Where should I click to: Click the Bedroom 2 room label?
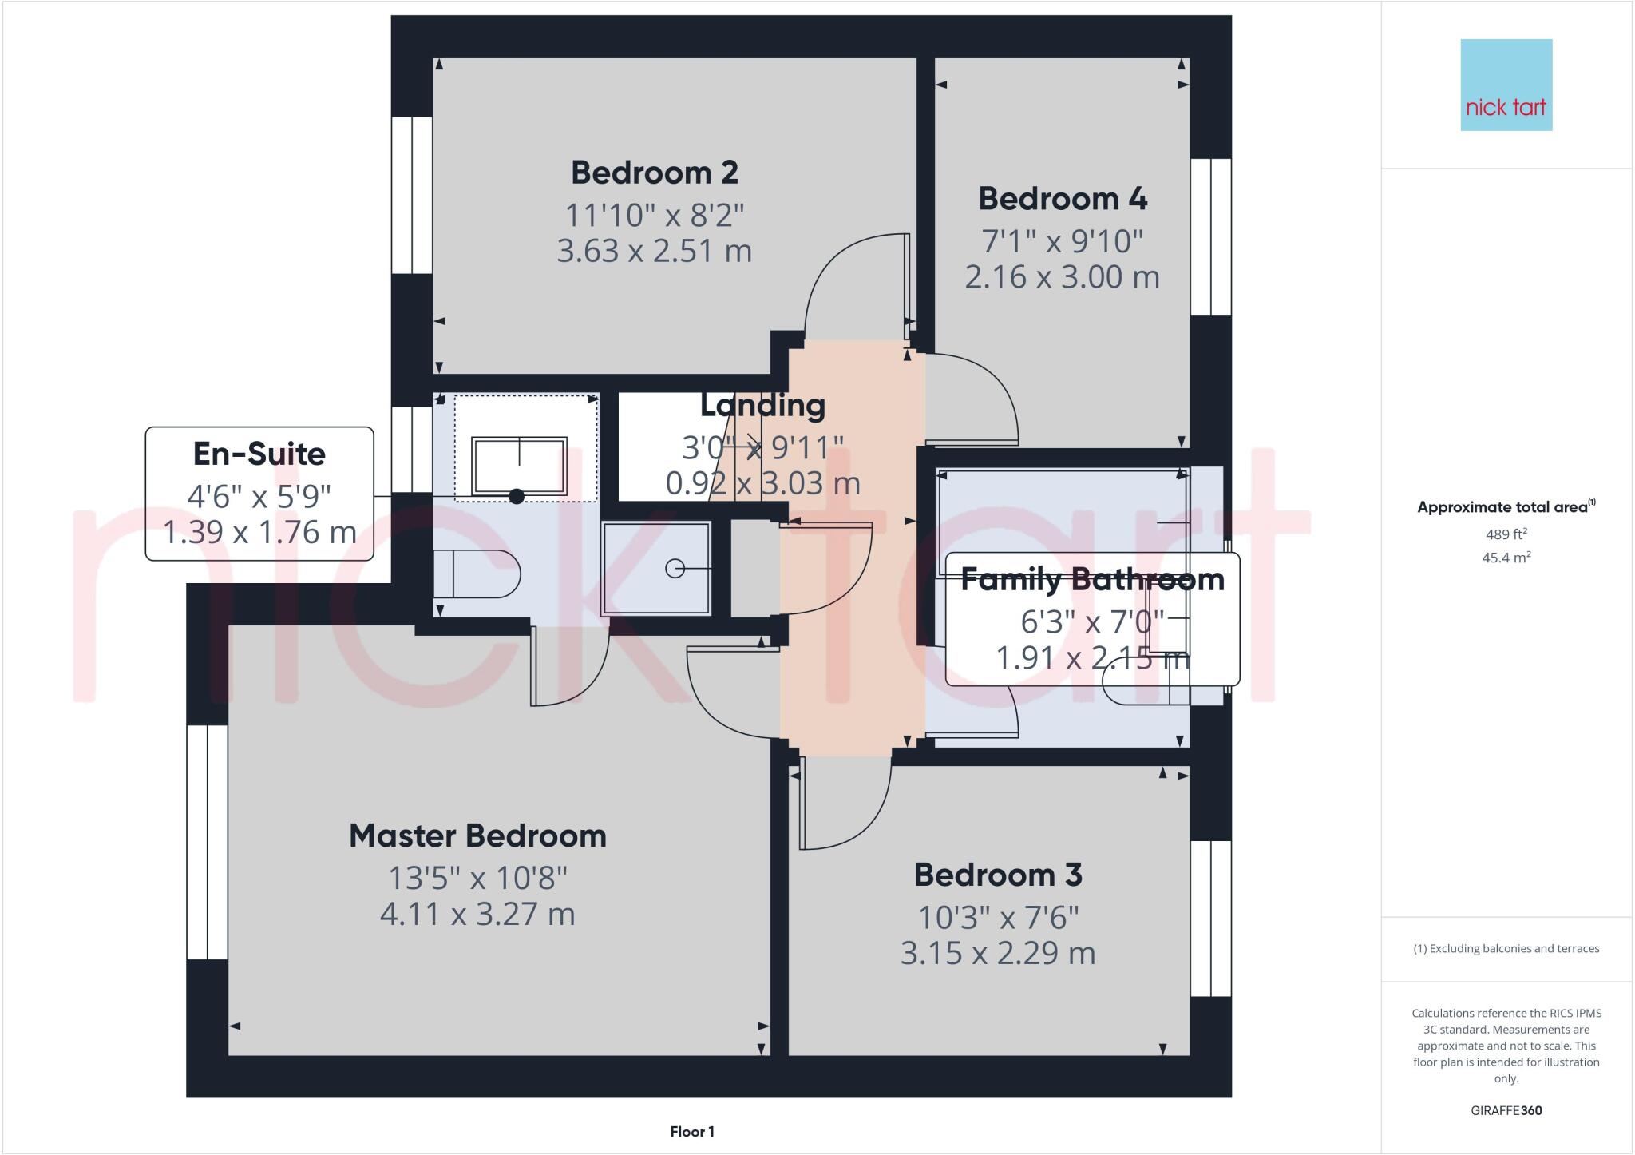[654, 173]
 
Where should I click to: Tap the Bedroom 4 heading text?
[1062, 199]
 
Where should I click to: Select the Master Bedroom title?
[477, 836]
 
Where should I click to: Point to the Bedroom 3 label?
[998, 875]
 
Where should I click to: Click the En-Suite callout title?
[259, 454]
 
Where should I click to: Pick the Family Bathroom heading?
[1091, 579]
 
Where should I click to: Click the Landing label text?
[762, 406]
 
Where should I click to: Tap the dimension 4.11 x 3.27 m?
[477, 914]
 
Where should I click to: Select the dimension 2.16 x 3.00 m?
[1062, 277]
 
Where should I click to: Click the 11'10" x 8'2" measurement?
[654, 216]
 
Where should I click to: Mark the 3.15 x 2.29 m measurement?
[998, 953]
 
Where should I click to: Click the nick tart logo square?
[1506, 85]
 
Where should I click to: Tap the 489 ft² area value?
[1506, 534]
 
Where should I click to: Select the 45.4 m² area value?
[1506, 558]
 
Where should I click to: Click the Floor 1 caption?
[691, 1132]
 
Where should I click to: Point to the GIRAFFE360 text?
[1506, 1110]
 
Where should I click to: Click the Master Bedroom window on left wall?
[207, 842]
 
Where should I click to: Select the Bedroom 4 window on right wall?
[1210, 236]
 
